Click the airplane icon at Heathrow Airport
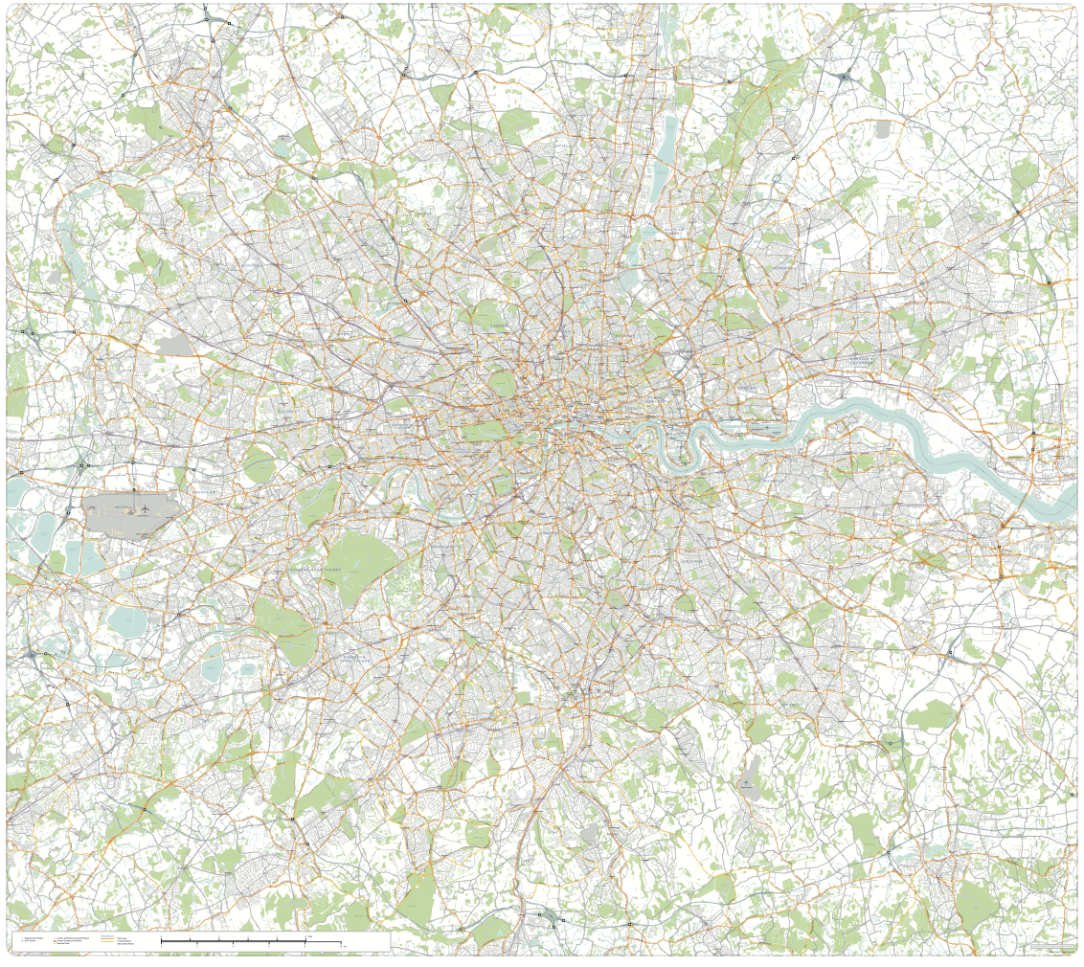(143, 508)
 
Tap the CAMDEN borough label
(499, 326)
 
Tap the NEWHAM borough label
(748, 388)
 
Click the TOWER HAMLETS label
(661, 401)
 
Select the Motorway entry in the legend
(121, 937)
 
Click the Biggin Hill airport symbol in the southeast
(747, 783)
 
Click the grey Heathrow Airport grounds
(129, 515)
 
